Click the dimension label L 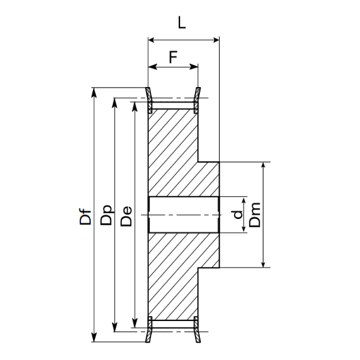click(182, 23)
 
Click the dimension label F click(173, 57)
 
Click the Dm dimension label click(255, 215)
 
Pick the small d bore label click(238, 214)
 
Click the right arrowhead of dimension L click(215, 40)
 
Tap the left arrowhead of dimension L click(152, 40)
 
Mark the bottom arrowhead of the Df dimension click(94, 337)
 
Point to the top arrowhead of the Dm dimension click(263, 166)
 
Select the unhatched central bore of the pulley click(183, 215)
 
